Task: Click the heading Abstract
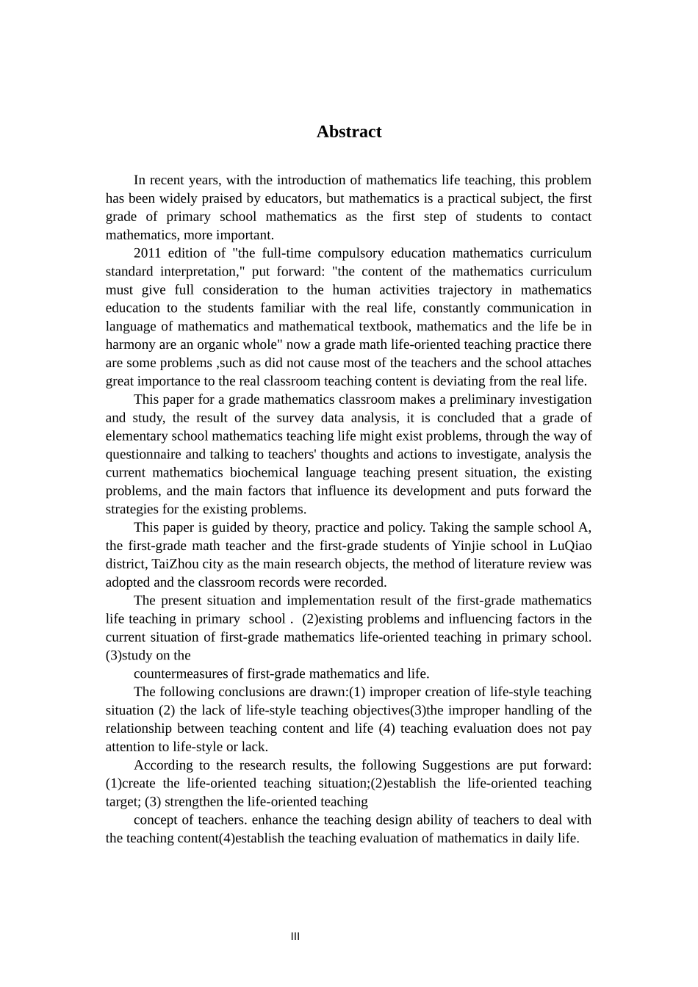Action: coord(348,131)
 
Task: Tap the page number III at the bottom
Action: coord(295,936)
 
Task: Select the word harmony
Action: coord(128,344)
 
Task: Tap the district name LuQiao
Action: coord(570,546)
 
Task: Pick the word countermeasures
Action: coord(183,673)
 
